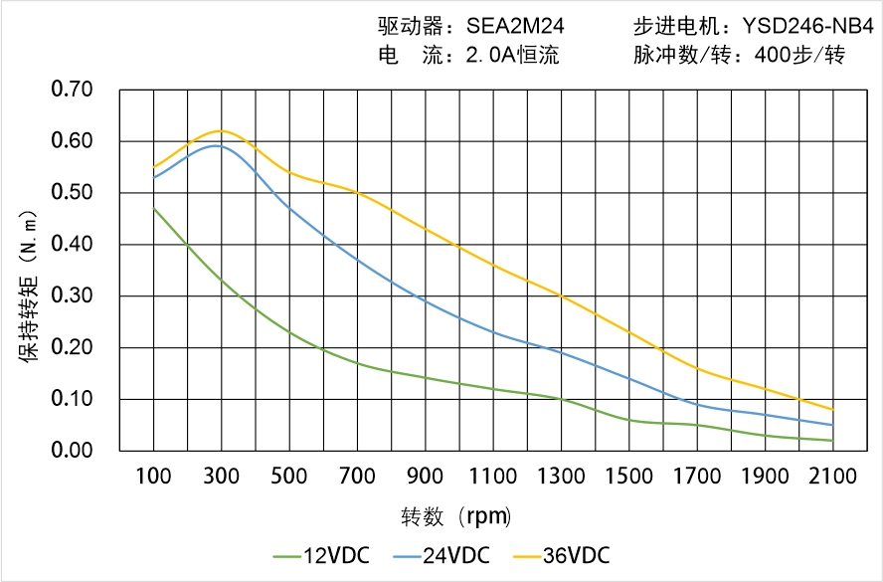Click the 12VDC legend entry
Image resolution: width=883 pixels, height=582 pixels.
click(323, 555)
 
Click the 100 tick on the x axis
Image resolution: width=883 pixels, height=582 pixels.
click(153, 476)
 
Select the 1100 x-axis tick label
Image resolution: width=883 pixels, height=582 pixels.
click(493, 476)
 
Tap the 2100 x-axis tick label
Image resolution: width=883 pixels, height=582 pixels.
click(832, 476)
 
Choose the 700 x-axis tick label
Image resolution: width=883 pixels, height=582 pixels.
click(357, 476)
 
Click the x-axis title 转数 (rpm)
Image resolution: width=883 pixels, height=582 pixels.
click(456, 516)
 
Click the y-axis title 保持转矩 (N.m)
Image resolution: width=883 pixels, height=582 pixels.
click(29, 284)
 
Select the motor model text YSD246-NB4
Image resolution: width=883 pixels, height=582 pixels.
click(801, 28)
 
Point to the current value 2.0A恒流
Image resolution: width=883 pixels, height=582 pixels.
click(512, 56)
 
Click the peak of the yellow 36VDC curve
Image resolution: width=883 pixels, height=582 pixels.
click(221, 130)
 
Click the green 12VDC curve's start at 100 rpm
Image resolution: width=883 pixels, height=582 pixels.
click(153, 208)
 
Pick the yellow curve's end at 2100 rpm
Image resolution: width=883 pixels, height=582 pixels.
click(832, 410)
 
